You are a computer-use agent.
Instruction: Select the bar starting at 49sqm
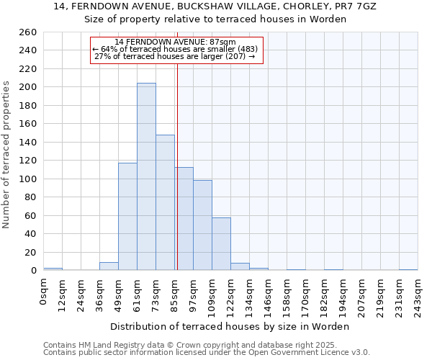(127, 216)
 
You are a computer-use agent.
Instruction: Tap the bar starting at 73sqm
(165, 202)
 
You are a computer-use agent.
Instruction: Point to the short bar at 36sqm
(109, 266)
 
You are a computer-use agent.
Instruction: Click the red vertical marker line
(177, 144)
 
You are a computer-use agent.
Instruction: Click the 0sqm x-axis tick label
(44, 291)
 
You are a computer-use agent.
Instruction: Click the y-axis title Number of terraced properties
(6, 155)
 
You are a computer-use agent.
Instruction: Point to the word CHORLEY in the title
(266, 6)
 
